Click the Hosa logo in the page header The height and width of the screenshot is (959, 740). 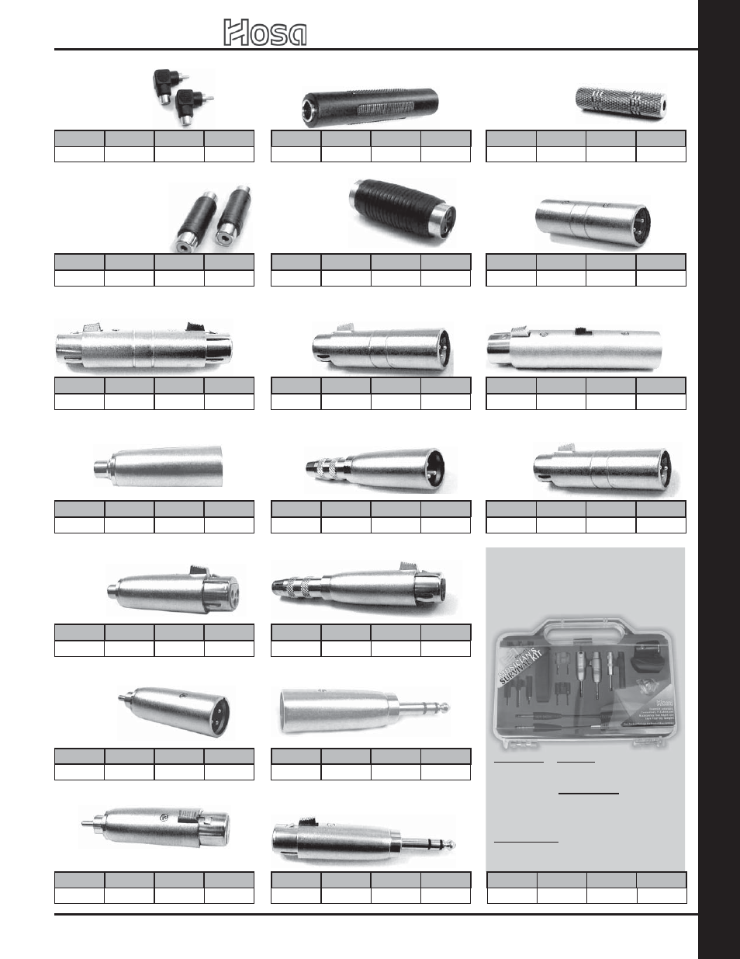click(265, 33)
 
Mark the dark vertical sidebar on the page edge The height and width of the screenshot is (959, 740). click(719, 479)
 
